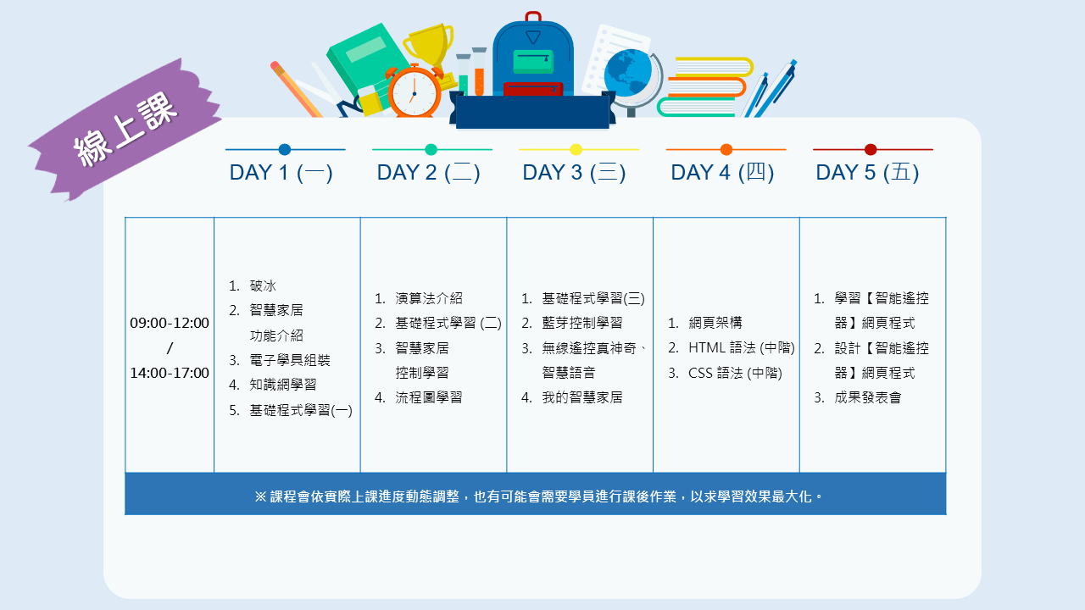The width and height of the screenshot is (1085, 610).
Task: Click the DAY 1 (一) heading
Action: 281,173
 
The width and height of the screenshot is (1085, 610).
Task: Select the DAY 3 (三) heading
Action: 574,173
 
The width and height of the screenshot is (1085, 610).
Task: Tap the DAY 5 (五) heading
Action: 867,173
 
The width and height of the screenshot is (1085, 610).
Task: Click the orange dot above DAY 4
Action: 726,150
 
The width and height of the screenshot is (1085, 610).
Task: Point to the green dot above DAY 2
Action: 431,150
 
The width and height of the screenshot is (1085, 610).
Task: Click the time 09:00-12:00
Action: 170,323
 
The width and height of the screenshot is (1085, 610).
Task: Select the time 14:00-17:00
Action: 170,373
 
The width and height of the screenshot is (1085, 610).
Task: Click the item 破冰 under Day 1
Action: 263,286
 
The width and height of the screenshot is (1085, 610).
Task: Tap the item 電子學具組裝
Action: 290,360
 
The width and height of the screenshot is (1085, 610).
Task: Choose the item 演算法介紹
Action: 429,298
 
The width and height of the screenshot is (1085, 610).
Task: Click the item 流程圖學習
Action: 429,397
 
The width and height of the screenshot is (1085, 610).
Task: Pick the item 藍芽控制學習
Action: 581,323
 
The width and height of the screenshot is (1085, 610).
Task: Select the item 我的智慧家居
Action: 581,397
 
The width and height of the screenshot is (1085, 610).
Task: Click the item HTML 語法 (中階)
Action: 742,347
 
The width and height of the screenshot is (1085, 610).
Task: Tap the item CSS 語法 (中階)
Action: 735,373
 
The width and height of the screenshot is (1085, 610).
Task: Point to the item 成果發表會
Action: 867,397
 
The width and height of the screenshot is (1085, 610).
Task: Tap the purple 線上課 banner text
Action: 125,130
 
